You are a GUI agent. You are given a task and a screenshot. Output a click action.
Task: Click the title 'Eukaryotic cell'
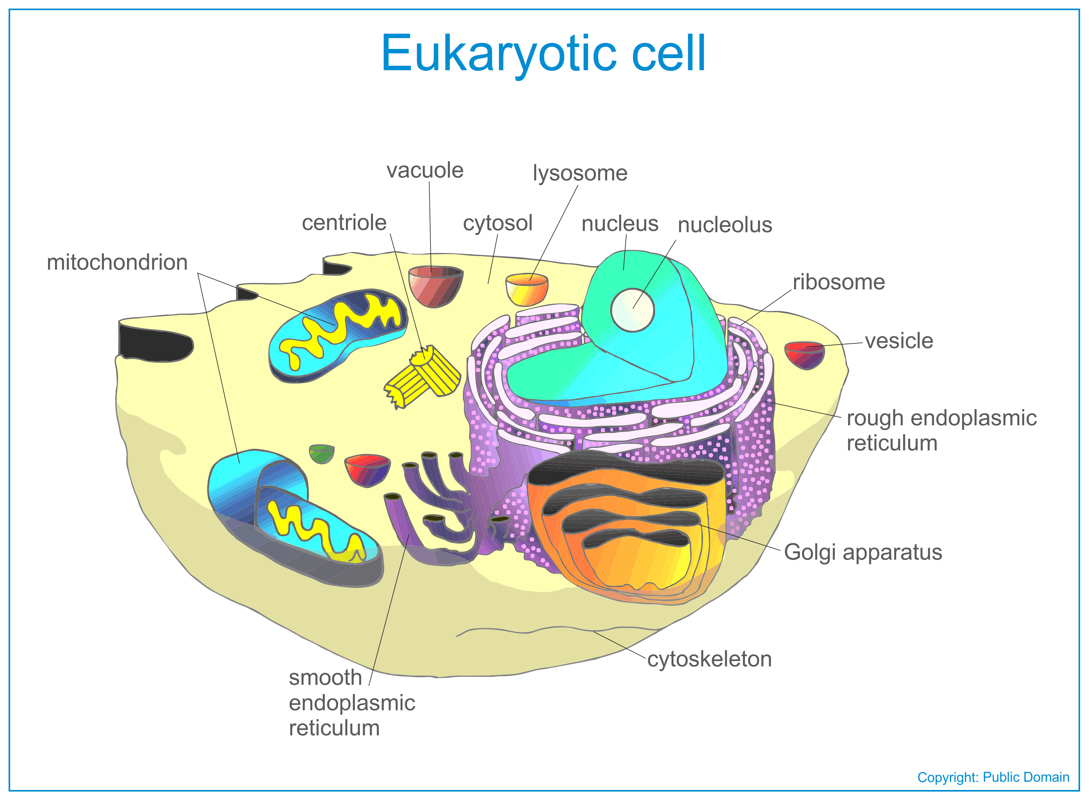coord(543,54)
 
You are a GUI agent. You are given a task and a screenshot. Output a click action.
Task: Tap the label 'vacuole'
coord(425,171)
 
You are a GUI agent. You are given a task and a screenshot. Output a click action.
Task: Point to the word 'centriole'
coord(344,223)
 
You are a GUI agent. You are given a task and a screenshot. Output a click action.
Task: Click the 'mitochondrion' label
coord(117,262)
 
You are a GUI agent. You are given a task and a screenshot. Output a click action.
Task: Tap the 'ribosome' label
coord(839,282)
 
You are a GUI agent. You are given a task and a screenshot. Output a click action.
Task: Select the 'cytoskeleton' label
coord(709,659)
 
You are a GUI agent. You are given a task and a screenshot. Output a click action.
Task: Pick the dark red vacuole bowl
coord(436,286)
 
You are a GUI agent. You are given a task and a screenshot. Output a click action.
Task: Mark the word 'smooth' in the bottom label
coord(325,678)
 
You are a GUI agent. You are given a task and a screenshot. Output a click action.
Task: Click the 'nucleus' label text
coord(620,224)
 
